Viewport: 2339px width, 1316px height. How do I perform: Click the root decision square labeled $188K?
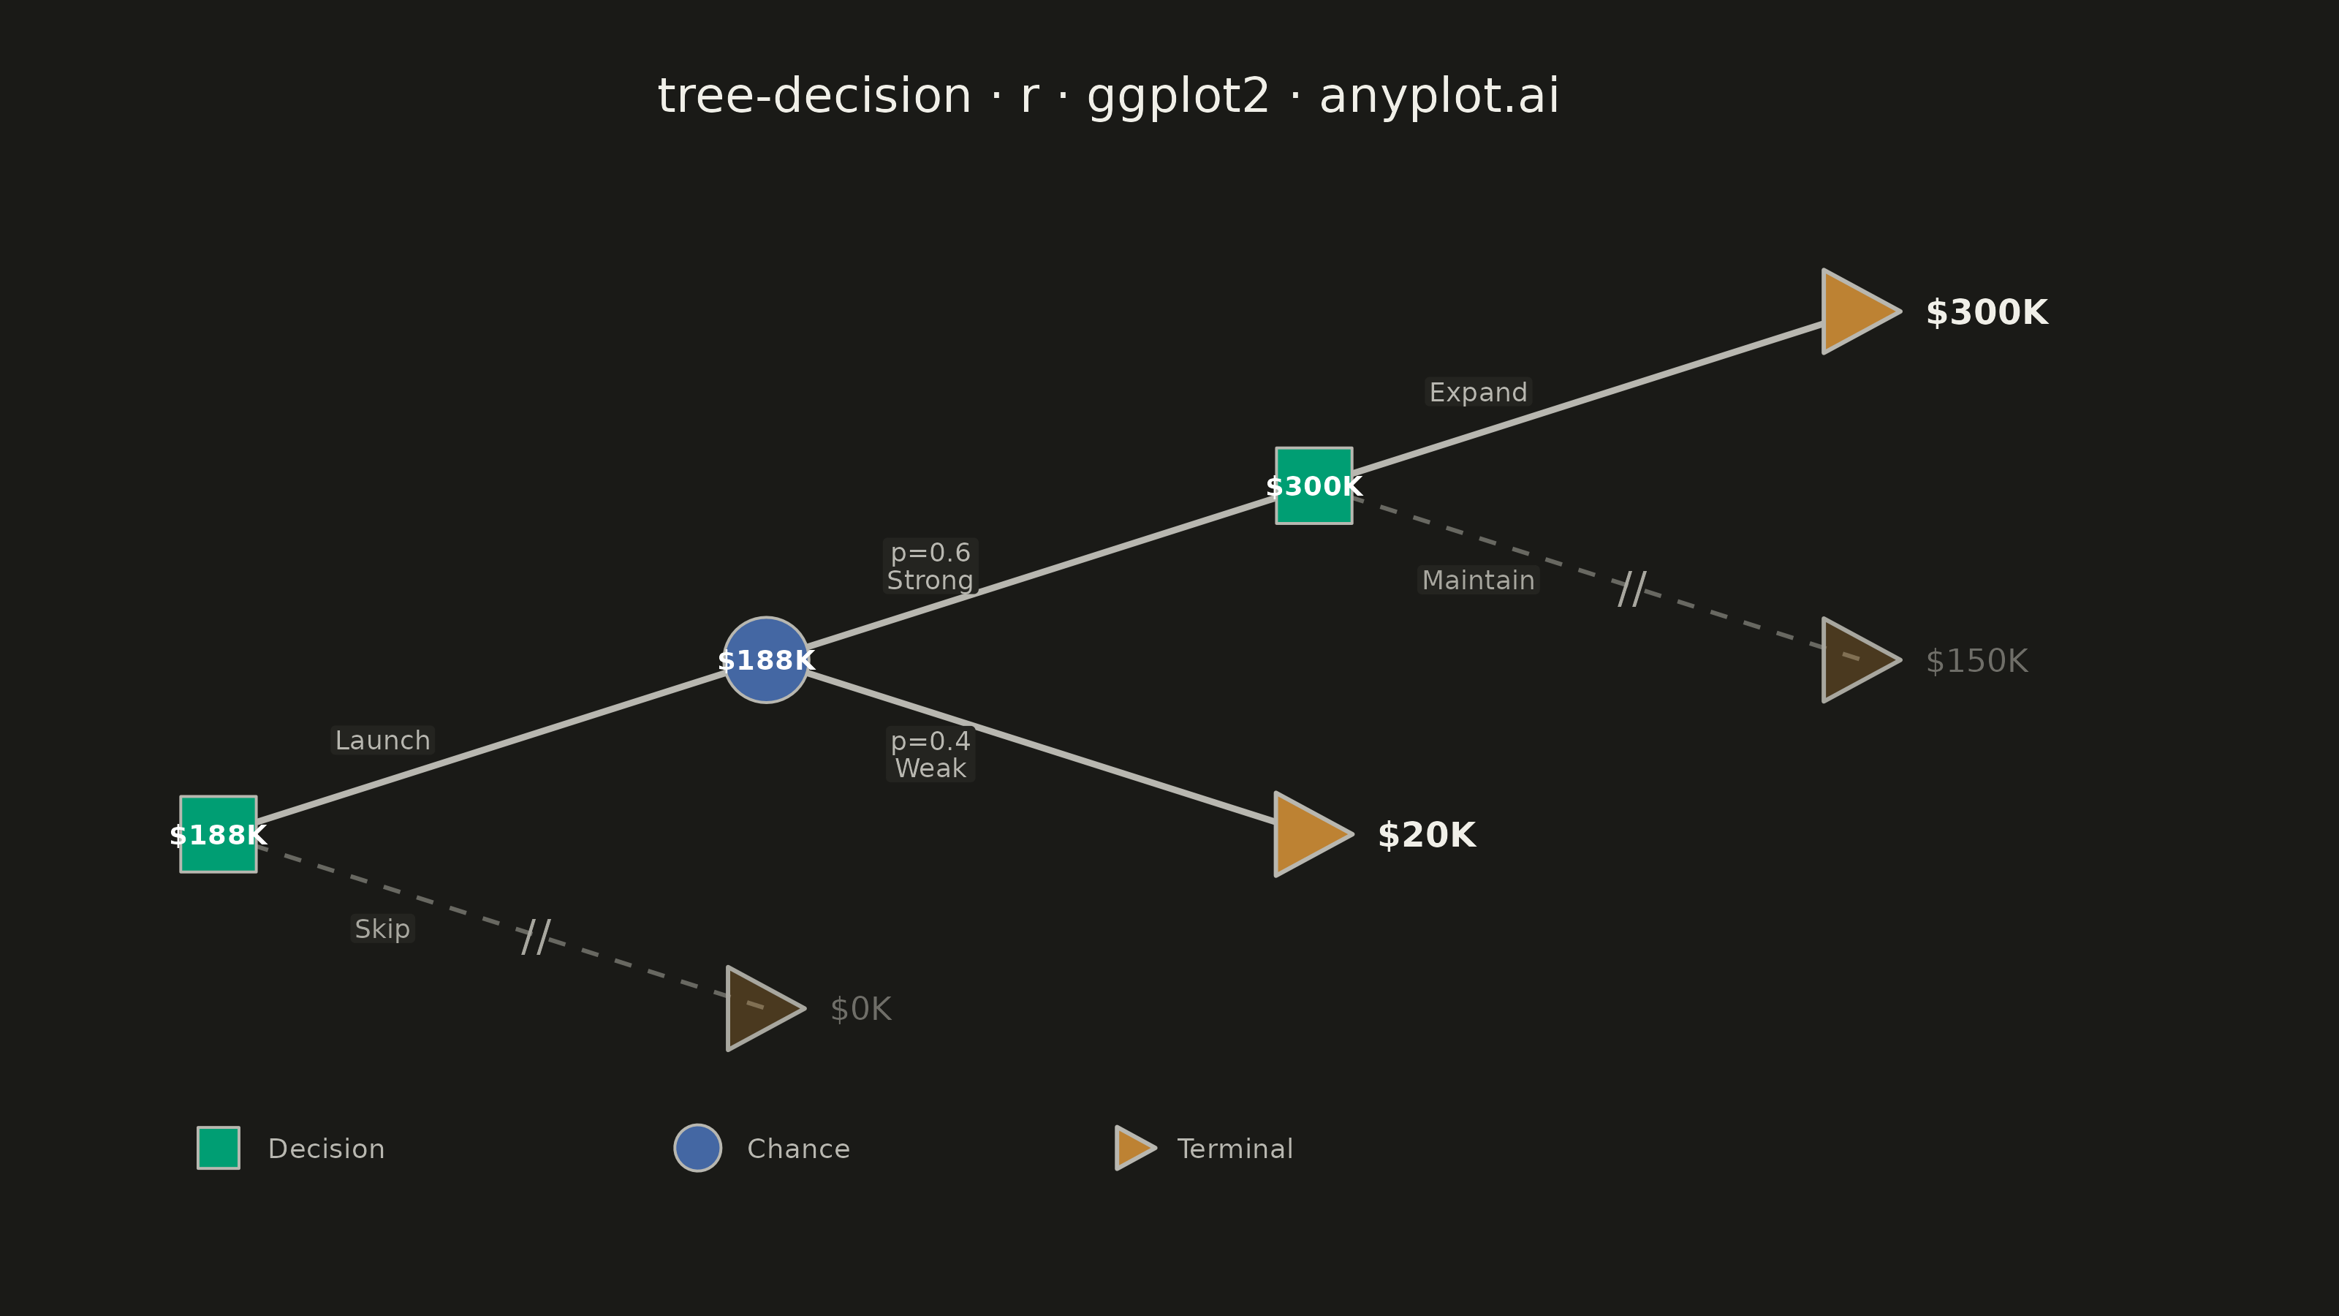click(218, 833)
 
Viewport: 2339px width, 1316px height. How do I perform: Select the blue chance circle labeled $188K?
click(766, 660)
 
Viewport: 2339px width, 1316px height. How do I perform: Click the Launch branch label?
click(382, 740)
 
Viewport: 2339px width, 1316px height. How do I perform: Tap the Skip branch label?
click(382, 929)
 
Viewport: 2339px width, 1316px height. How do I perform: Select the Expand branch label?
click(1478, 393)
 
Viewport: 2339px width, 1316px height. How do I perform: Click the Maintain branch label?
click(1478, 581)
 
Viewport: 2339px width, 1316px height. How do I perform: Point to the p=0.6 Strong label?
click(930, 566)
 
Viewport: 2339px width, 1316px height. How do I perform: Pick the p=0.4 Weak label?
click(930, 754)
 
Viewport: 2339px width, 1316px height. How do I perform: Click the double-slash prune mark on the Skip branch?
click(536, 937)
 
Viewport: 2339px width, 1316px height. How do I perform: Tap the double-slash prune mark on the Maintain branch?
click(1631, 589)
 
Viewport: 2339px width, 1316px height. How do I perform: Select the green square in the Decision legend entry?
click(219, 1148)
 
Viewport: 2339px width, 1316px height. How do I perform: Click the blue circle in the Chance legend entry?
click(697, 1148)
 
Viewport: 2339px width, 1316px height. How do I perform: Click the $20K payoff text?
click(1427, 835)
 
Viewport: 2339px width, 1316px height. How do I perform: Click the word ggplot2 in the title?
click(1178, 97)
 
